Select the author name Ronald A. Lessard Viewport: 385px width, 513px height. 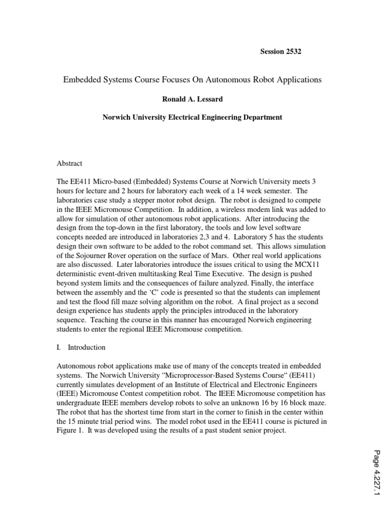click(192, 99)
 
